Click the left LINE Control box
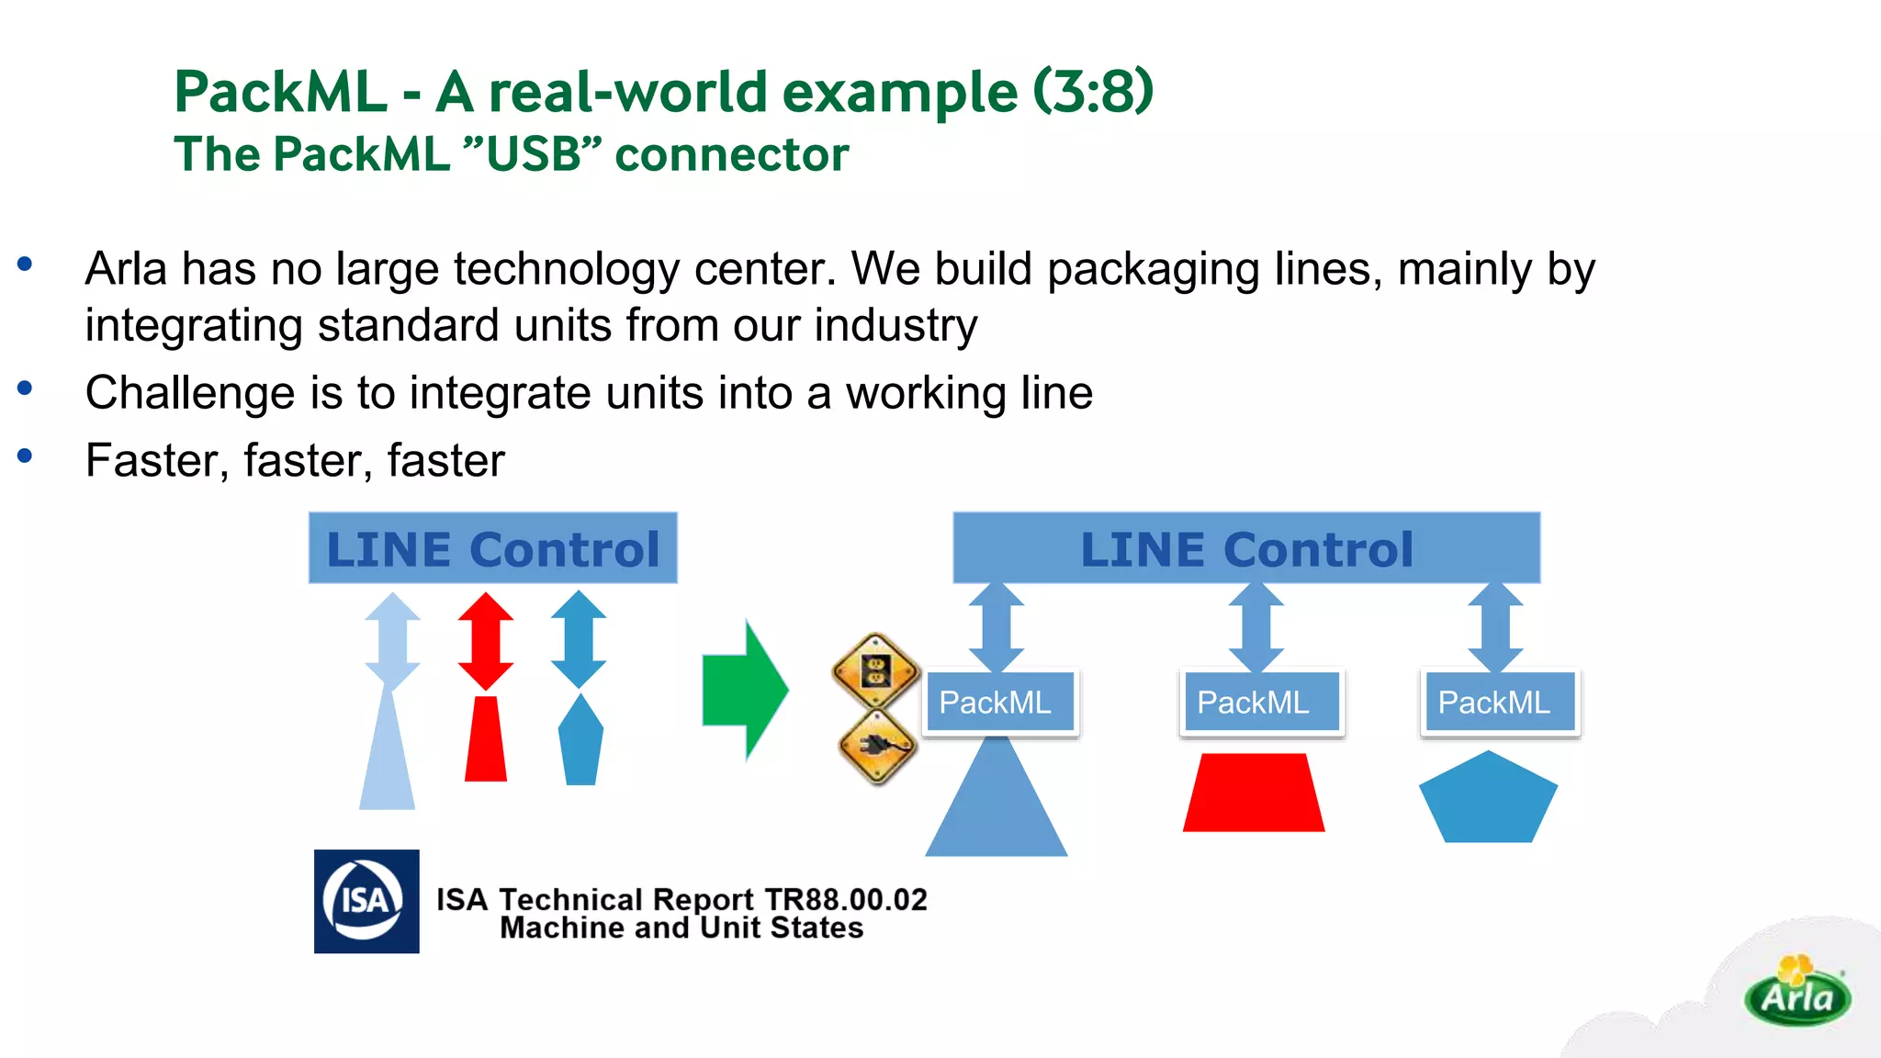[492, 548]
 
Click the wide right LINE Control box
[1245, 548]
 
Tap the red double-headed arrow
[486, 641]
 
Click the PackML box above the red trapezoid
[1260, 703]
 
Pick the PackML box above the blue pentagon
[1499, 703]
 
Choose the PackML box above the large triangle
[1001, 703]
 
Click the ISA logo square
[366, 901]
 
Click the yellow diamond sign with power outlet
[875, 671]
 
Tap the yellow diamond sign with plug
[878, 747]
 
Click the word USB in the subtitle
[533, 154]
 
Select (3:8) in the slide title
[1093, 92]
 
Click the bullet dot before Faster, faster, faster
[25, 456]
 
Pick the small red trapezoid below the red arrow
[486, 739]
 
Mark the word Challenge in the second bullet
[189, 393]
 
